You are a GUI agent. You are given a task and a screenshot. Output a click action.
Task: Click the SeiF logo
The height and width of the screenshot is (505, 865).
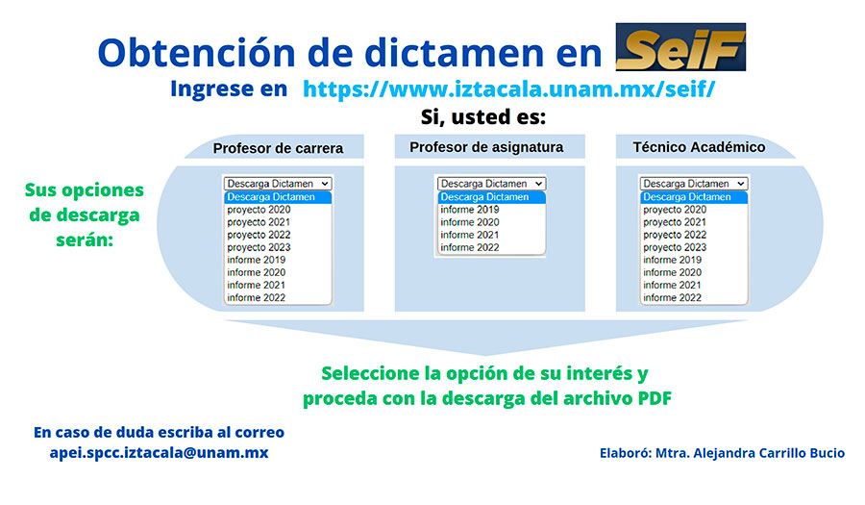680,47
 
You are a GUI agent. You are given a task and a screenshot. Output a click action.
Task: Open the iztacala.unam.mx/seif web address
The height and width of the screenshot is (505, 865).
508,88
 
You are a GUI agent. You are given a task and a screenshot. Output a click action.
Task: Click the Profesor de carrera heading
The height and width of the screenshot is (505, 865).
278,148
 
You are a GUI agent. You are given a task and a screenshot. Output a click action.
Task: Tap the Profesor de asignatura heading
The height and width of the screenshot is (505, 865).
486,147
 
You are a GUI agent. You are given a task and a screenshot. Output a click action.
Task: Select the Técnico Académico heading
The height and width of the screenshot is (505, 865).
699,147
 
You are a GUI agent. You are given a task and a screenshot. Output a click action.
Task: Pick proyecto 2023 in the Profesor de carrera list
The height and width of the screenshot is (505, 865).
259,247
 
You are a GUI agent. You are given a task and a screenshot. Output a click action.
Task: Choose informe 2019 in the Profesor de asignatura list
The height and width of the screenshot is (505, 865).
469,209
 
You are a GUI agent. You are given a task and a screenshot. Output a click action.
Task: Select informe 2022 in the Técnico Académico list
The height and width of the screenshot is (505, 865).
672,297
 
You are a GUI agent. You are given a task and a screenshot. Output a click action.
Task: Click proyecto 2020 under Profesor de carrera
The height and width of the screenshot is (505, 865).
259,210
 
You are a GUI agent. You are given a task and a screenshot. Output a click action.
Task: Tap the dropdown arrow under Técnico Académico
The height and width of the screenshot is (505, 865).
740,184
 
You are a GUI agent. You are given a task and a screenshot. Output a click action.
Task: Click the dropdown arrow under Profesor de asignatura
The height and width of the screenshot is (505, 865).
538,184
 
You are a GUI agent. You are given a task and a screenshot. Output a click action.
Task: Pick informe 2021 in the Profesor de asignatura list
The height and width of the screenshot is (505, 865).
469,235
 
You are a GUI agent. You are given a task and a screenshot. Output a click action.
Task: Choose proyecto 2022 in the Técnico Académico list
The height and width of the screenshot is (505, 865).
675,235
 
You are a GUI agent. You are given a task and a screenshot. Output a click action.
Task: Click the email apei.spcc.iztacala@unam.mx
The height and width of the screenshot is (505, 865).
159,452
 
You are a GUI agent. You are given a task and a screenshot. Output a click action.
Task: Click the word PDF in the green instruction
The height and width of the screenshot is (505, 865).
655,398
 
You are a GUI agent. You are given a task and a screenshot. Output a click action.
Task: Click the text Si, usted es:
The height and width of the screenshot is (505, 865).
483,117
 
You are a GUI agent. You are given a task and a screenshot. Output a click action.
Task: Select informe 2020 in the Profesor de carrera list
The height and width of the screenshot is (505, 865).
256,272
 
